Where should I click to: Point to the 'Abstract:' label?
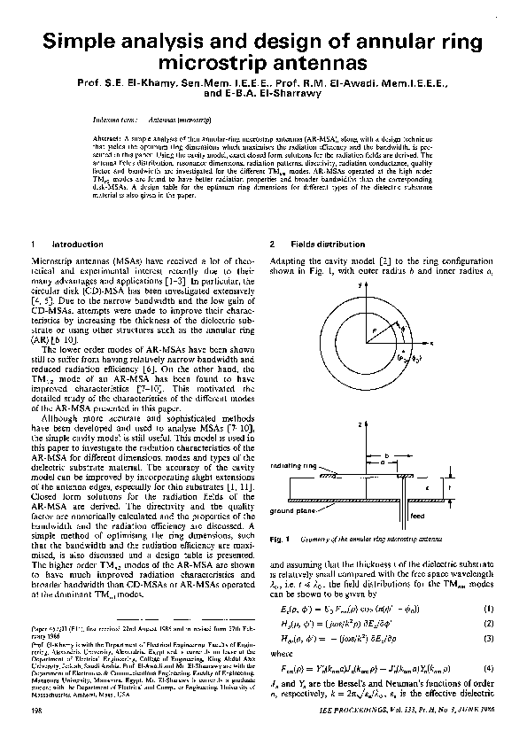click(x=107, y=141)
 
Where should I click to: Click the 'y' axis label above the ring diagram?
click(x=361, y=287)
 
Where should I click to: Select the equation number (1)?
click(x=488, y=609)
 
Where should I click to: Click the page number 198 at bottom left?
click(x=36, y=711)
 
